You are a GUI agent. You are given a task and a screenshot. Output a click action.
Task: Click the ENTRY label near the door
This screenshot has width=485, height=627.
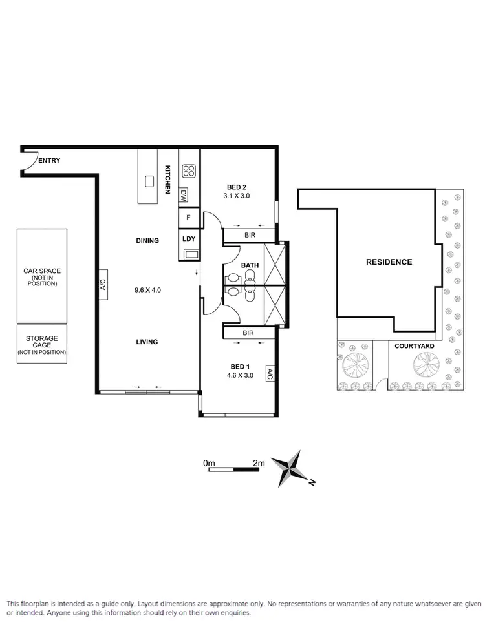[50, 161]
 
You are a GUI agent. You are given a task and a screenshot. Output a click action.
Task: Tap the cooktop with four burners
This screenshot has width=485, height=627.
[189, 171]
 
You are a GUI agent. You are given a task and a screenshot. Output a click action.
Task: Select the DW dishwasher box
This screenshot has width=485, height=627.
[184, 194]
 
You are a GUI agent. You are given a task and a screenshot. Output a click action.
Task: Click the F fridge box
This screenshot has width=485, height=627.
[188, 218]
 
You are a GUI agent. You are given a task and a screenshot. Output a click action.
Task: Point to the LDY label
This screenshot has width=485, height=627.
[189, 239]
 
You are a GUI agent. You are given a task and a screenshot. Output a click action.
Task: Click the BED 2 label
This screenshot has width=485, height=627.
[236, 188]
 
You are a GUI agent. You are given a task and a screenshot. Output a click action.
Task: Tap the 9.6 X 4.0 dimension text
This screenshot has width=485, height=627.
[147, 290]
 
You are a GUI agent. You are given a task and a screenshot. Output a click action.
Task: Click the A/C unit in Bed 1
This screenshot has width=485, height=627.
[270, 374]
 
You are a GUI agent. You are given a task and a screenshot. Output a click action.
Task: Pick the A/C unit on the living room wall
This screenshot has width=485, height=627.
[103, 285]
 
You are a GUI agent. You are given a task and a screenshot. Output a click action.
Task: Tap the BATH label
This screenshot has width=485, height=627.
[250, 265]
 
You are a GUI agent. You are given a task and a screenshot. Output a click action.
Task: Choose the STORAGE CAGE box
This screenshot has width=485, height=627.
[42, 345]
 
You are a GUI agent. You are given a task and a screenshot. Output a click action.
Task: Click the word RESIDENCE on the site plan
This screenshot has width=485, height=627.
[389, 262]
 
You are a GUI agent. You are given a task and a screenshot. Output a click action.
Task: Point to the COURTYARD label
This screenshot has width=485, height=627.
[415, 346]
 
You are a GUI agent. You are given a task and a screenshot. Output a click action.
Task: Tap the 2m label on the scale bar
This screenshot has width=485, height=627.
[259, 463]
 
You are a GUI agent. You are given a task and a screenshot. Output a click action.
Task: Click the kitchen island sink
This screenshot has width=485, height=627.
[149, 181]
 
